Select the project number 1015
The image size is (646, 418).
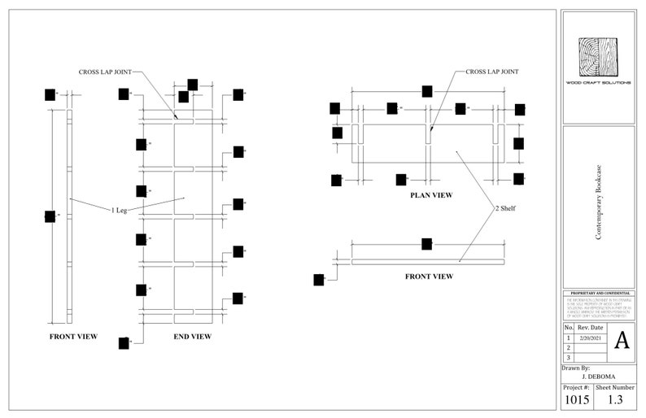(x=576, y=400)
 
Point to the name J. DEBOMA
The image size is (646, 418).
(x=598, y=377)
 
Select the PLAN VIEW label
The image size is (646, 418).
(x=431, y=195)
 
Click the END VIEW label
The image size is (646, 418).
(x=193, y=336)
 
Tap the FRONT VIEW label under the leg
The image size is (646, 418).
(x=73, y=336)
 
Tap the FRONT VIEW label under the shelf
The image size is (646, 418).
(x=429, y=276)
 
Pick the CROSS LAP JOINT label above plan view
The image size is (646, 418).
(x=491, y=72)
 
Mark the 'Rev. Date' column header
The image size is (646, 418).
(x=591, y=327)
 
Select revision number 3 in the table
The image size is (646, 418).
(x=569, y=357)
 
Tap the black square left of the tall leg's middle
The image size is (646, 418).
(x=50, y=216)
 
